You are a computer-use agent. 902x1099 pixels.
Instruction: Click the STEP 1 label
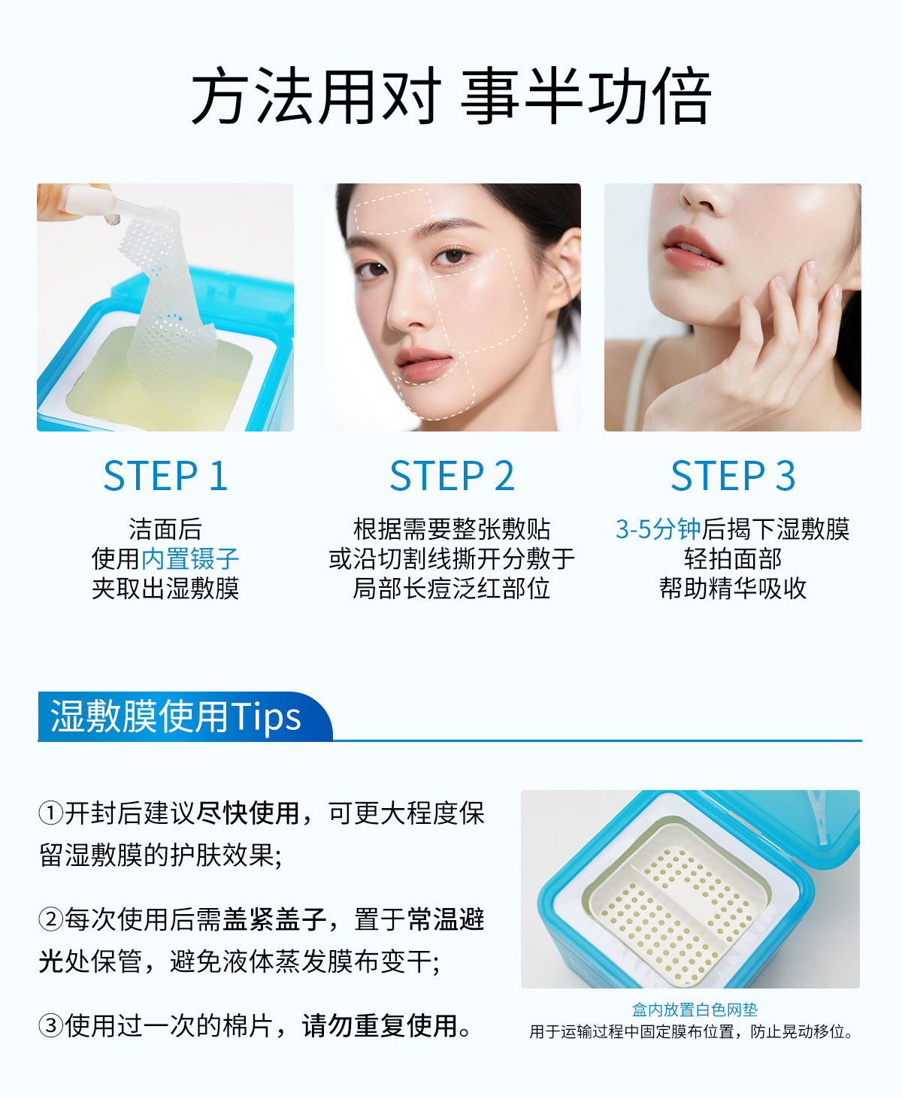[x=165, y=475]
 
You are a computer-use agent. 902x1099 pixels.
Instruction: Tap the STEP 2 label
[x=452, y=475]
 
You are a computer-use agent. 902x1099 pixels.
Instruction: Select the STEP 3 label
[x=733, y=475]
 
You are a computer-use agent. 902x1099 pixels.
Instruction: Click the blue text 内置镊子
[x=190, y=559]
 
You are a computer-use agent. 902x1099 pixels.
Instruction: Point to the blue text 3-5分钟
[x=658, y=529]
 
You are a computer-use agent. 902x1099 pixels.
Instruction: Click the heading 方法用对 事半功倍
[x=451, y=96]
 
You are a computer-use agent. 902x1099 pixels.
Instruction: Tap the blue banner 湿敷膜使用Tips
[x=176, y=716]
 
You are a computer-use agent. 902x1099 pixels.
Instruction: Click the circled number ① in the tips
[x=51, y=813]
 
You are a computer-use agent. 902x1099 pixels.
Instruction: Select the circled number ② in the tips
[x=51, y=919]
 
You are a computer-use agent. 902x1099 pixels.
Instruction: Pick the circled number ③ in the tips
[x=51, y=1025]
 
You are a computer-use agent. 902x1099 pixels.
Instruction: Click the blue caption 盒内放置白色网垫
[x=695, y=1010]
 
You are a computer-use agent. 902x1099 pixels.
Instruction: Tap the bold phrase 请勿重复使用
[x=380, y=1025]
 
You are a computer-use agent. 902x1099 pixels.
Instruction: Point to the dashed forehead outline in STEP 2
[x=394, y=211]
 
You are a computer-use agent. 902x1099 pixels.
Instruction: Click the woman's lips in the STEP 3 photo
[x=691, y=249]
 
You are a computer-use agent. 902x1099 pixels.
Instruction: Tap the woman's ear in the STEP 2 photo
[x=565, y=271]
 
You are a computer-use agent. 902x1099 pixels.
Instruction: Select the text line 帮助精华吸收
[x=733, y=589]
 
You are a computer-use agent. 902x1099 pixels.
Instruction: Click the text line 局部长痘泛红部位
[x=452, y=589]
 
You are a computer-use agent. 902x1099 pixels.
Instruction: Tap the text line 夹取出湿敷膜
[x=165, y=589]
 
